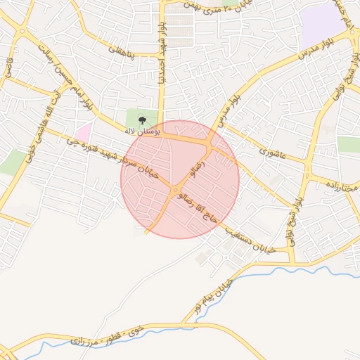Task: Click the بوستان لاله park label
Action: [143, 131]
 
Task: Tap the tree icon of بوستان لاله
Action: [143, 120]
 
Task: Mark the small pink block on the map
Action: [84, 131]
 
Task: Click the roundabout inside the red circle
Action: [175, 190]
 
